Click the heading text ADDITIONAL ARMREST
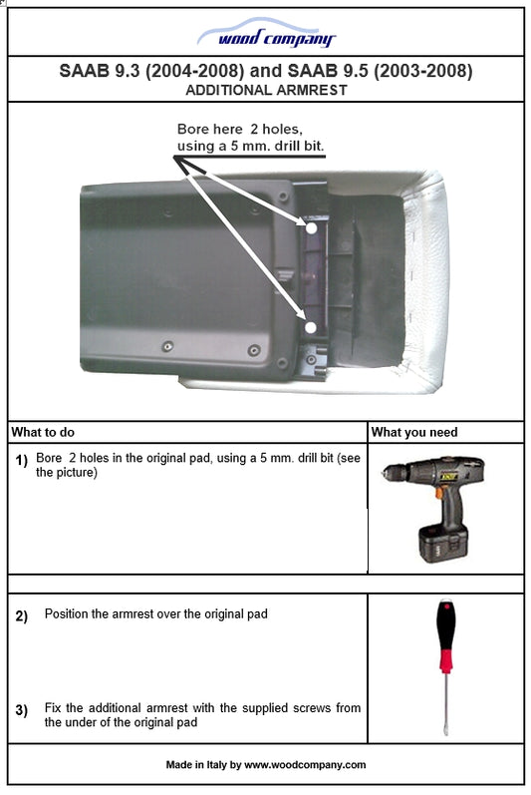pyautogui.click(x=265, y=90)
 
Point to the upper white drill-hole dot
pyautogui.click(x=312, y=228)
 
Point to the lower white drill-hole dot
pyautogui.click(x=311, y=326)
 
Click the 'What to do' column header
pyautogui.click(x=43, y=433)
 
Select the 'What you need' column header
pyautogui.click(x=413, y=433)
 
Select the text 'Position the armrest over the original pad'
pyautogui.click(x=155, y=614)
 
